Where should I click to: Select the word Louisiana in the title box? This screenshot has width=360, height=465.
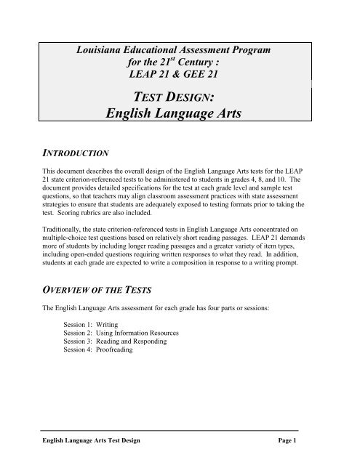(x=105, y=49)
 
